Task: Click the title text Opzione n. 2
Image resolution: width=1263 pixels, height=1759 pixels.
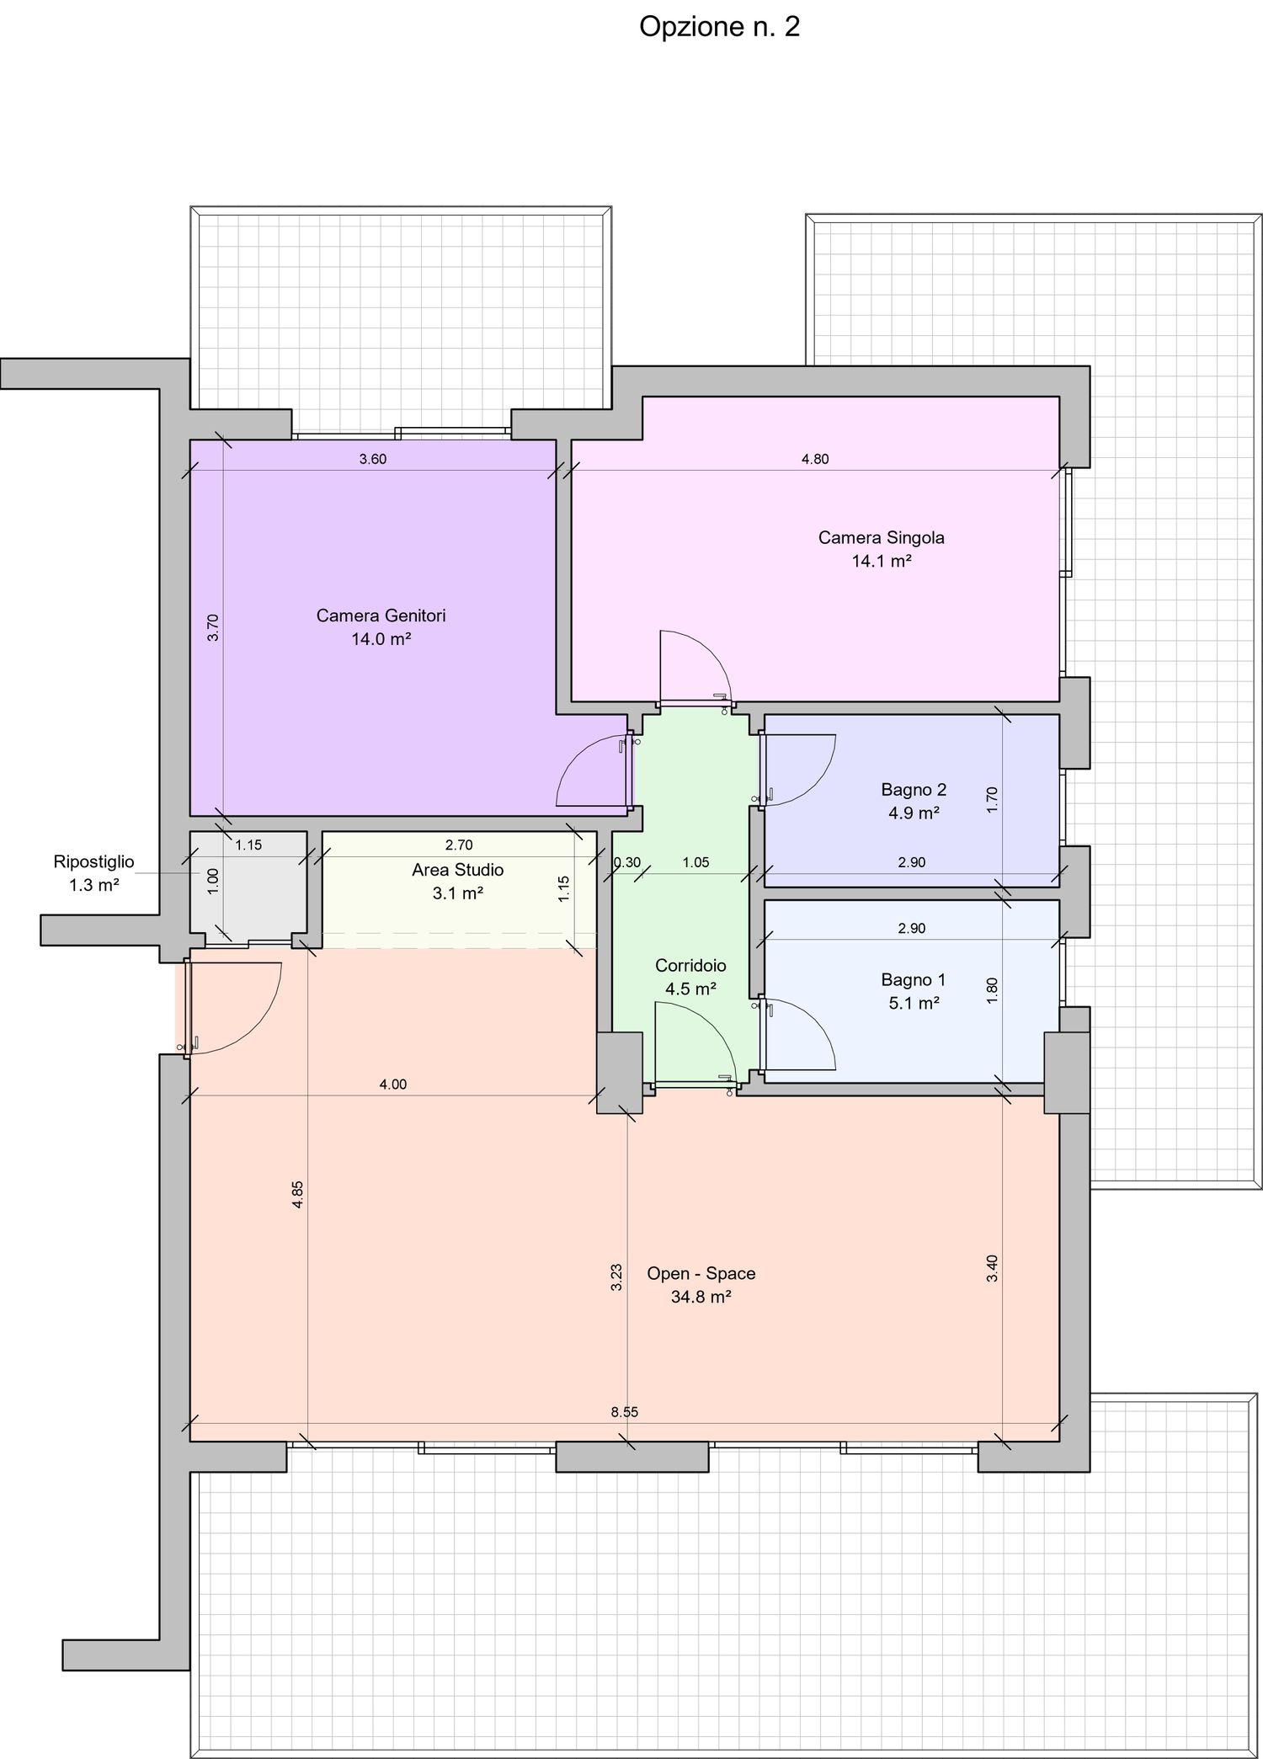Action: coord(719,28)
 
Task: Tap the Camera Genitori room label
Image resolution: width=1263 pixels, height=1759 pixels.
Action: coord(381,616)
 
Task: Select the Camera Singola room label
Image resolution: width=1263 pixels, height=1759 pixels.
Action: coord(882,537)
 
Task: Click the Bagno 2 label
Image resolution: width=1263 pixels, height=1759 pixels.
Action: coord(914,789)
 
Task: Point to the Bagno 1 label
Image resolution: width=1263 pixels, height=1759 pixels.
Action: coord(914,979)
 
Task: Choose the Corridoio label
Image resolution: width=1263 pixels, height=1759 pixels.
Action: coord(690,966)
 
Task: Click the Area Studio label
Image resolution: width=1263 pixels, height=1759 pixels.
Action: coord(457,870)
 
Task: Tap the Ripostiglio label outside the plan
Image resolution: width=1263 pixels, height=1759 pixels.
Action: coord(93,861)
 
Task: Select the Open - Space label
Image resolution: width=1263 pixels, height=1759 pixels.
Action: coord(701,1273)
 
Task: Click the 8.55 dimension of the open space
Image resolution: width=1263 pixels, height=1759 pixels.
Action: coord(625,1412)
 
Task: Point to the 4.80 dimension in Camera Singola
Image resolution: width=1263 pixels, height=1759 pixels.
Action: coord(815,459)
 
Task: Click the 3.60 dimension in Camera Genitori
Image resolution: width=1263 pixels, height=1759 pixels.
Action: coord(373,459)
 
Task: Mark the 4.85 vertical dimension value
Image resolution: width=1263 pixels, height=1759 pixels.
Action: coord(297,1195)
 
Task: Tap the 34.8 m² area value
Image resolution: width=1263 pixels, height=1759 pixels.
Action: coord(701,1297)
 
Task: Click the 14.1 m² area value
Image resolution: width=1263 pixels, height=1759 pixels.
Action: coord(882,561)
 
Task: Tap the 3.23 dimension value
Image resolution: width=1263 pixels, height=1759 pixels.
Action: coord(616,1277)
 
